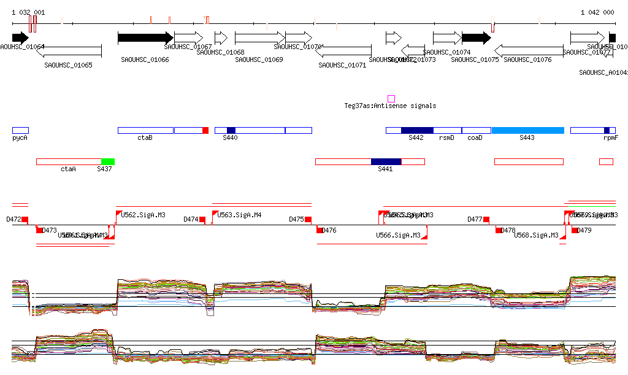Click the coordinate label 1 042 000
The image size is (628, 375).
597,12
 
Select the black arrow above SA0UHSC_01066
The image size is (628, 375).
145,38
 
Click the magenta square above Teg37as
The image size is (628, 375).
391,99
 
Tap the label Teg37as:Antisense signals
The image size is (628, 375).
390,106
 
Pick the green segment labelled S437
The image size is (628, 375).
108,161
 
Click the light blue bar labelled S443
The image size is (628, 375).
527,130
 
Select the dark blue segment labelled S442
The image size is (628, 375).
417,130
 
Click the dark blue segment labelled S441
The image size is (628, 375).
386,161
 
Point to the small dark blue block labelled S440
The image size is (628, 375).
231,130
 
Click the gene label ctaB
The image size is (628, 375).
145,138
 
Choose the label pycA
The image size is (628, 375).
20,138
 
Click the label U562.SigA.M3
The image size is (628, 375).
143,215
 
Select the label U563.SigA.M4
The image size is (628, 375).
239,215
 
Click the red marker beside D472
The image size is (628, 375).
25,219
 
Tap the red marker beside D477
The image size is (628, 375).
486,219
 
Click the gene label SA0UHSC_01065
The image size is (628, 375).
68,65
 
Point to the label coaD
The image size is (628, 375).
475,138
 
